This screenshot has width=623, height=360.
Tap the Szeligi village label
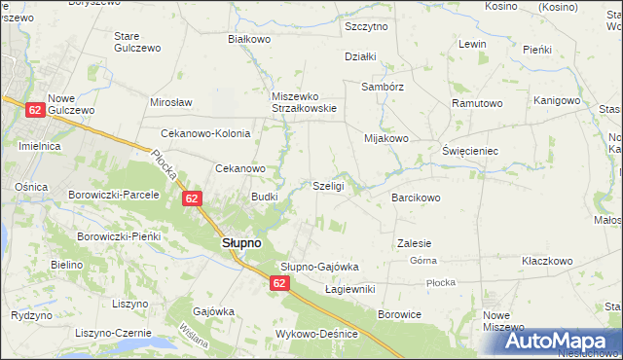click(x=328, y=186)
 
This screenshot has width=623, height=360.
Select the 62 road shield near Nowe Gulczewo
click(x=34, y=111)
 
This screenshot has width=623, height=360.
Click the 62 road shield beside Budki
click(x=192, y=198)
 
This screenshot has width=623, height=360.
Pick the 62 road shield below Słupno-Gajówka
click(x=279, y=283)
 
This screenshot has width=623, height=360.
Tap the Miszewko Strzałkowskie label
click(x=304, y=102)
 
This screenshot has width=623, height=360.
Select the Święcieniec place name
click(x=470, y=152)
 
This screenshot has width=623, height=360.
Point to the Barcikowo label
click(x=417, y=198)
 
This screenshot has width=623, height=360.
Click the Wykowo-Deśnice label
click(x=317, y=334)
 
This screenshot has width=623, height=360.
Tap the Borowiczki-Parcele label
click(x=113, y=195)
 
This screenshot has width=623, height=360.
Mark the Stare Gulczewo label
click(x=136, y=42)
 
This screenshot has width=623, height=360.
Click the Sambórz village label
click(x=383, y=86)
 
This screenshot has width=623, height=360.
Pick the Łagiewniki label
click(x=349, y=289)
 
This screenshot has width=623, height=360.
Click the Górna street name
click(x=422, y=262)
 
